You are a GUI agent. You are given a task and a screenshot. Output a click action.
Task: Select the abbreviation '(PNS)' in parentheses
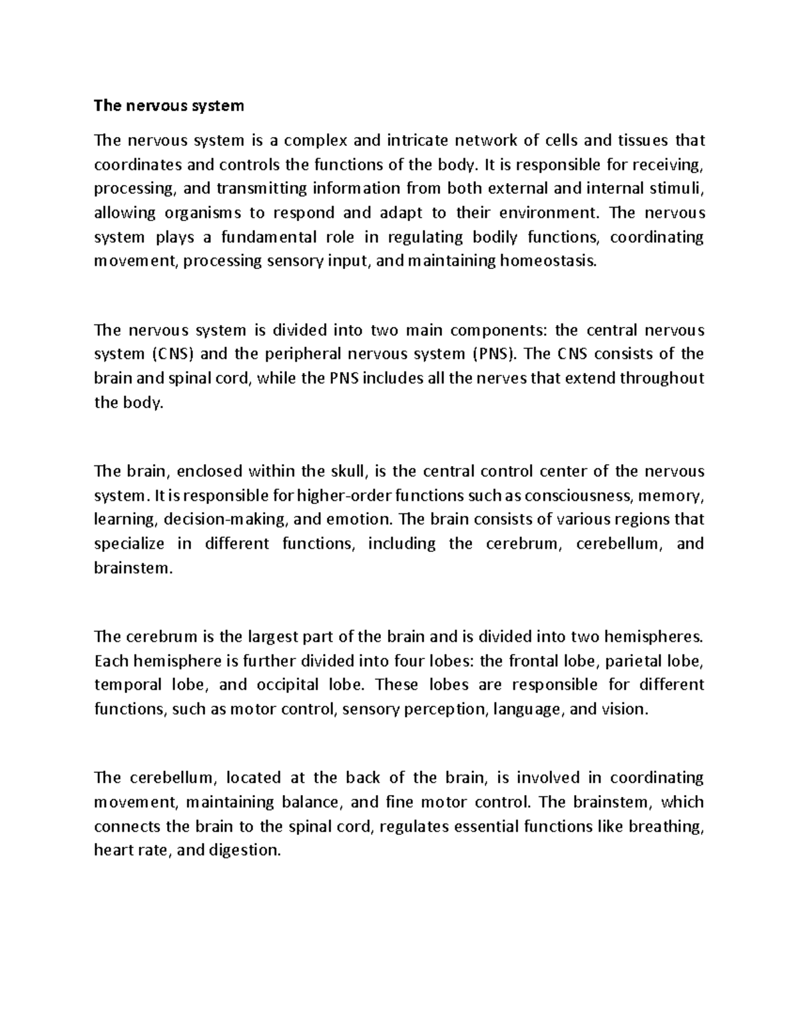[x=493, y=354]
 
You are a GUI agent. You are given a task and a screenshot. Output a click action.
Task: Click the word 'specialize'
[x=129, y=544]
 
